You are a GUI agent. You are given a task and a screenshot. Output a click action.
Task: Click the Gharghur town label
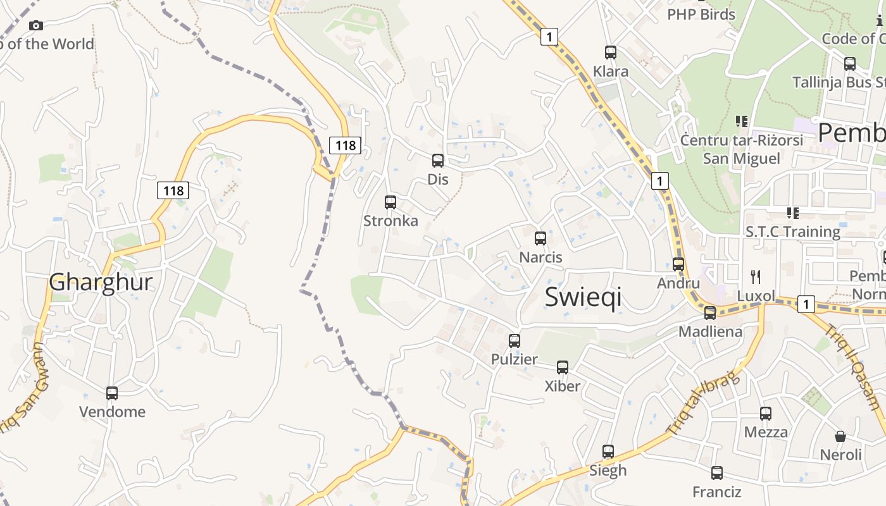[101, 282]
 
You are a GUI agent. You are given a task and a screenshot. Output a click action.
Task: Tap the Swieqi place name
[583, 297]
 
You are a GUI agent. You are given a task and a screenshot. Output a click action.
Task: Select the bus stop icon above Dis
[438, 161]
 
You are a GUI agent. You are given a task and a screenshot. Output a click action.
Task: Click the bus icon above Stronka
[390, 202]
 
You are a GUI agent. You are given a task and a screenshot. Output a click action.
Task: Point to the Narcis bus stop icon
[540, 238]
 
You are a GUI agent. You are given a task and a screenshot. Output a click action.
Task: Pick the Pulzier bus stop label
[515, 359]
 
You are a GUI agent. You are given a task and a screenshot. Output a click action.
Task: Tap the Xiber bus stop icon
[563, 367]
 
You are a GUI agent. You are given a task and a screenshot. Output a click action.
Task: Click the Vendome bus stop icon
[112, 393]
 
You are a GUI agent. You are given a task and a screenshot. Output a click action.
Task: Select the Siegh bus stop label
[608, 470]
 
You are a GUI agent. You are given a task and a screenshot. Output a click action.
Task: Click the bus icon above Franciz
[717, 473]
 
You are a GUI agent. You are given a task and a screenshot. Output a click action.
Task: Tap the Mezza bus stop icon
[766, 414]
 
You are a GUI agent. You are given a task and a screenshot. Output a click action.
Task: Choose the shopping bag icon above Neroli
[840, 436]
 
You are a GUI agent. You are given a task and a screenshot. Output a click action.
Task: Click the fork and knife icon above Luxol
[755, 276]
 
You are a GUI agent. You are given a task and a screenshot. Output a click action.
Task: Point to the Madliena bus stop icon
[710, 312]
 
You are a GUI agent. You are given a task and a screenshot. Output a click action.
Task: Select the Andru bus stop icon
[678, 264]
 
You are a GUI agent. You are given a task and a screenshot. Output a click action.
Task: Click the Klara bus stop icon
[611, 52]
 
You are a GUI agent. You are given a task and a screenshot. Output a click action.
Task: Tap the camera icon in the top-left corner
[36, 25]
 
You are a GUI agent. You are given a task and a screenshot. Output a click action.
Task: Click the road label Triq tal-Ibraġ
[703, 405]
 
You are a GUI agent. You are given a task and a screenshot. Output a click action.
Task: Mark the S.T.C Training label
[793, 231]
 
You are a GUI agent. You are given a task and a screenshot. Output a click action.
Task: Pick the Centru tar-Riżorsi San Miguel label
[741, 149]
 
